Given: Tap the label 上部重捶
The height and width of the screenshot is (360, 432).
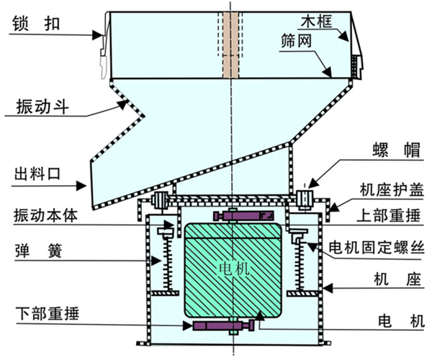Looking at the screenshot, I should pyautogui.click(x=390, y=214).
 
